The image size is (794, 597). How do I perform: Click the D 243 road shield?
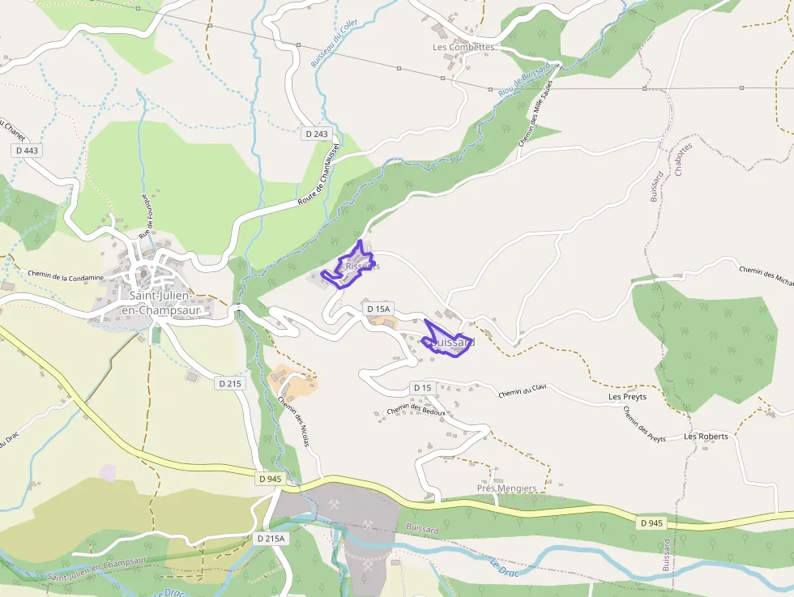[318, 134]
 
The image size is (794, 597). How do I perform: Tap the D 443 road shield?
[26, 151]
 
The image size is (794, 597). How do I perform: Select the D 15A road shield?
[378, 309]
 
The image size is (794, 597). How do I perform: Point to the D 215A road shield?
[271, 539]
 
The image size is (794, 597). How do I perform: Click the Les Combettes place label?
[463, 48]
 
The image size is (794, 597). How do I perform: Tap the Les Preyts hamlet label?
[627, 398]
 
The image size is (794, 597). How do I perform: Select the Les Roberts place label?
[706, 436]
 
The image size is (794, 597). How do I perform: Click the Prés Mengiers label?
[506, 488]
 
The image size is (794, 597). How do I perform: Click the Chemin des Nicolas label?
[293, 420]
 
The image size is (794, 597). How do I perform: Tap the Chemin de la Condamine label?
[66, 276]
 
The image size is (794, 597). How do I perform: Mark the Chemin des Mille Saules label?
[535, 113]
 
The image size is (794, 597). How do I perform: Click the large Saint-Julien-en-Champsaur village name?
[160, 302]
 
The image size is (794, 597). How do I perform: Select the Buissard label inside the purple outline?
[451, 343]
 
